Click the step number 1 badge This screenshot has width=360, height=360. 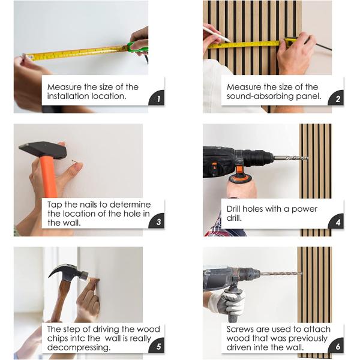pos(157,98)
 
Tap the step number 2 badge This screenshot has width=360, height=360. pos(337,98)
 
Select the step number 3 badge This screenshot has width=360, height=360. pos(157,221)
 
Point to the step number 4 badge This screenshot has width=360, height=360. pos(337,221)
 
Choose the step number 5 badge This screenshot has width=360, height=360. pos(157,346)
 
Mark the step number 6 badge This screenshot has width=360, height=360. pos(337,346)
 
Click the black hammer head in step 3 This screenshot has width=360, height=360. pos(43,150)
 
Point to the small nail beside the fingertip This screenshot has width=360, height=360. pos(74,161)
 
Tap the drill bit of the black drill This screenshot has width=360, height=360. pos(290,158)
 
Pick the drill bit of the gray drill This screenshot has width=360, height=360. pos(281,274)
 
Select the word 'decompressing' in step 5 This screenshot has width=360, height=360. pos(79,347)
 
